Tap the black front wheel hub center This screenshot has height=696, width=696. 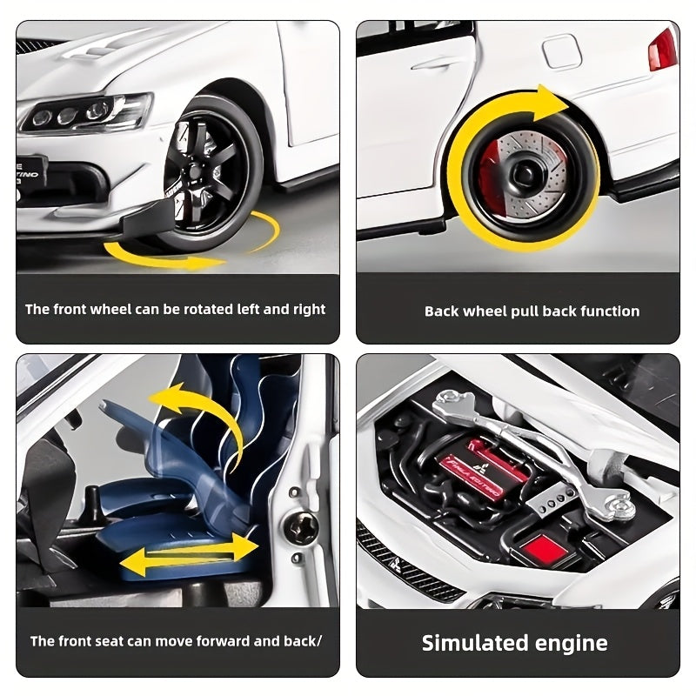[x=195, y=171]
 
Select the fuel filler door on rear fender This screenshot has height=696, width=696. [x=562, y=52]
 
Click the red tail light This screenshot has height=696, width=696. [x=663, y=50]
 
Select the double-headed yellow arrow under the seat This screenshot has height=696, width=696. [x=190, y=554]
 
